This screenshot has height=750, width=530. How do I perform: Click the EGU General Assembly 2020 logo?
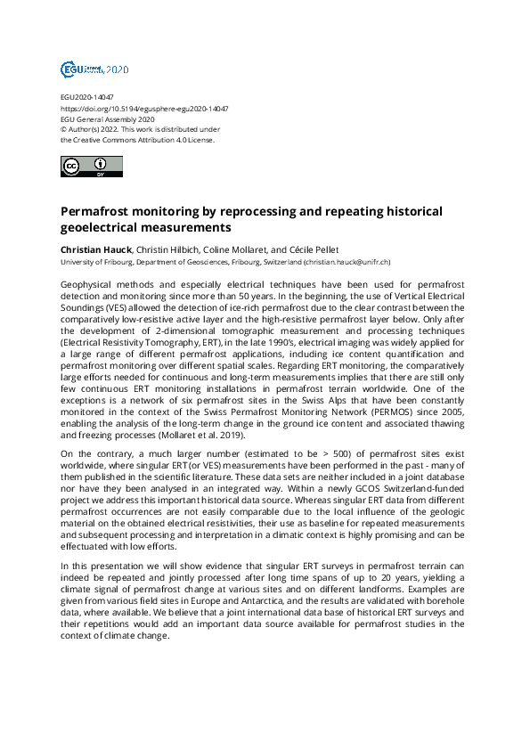point(94,69)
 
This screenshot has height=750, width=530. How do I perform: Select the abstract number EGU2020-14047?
point(86,97)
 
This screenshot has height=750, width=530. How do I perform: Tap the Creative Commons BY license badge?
point(91,167)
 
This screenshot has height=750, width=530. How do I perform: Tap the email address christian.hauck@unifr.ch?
point(347,263)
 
